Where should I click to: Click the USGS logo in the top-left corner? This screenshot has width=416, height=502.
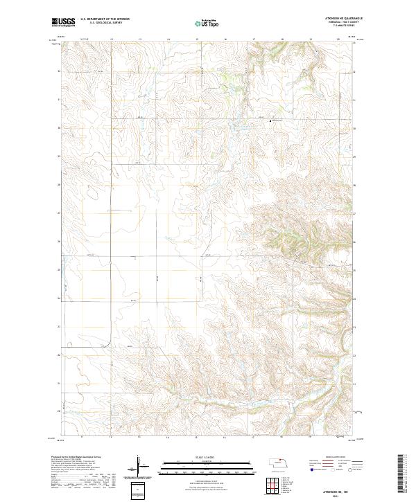coord(63,22)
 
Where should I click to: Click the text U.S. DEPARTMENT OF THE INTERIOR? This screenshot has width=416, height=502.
coord(105,19)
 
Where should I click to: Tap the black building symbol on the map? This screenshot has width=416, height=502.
coord(270,120)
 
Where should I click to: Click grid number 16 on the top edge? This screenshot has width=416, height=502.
coord(225,39)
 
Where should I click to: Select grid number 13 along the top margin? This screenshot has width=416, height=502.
coord(140,39)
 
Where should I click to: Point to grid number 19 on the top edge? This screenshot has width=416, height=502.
coord(311,39)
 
